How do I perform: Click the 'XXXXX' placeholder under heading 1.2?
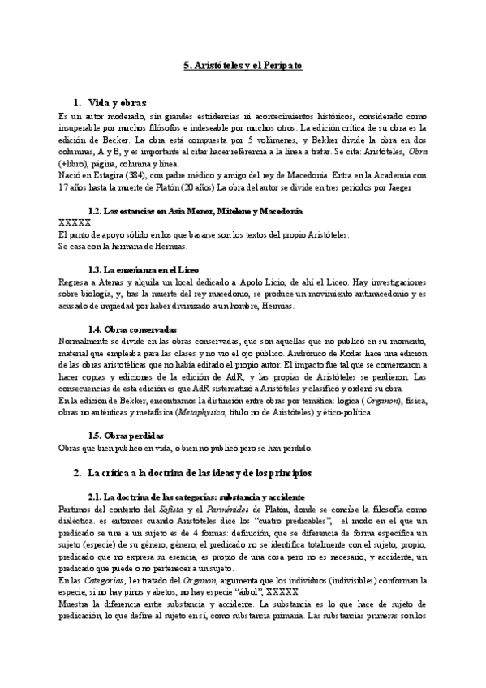pyautogui.click(x=75, y=222)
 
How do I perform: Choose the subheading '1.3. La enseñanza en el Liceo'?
pyautogui.click(x=153, y=268)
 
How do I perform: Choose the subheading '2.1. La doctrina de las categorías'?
pyautogui.click(x=196, y=496)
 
